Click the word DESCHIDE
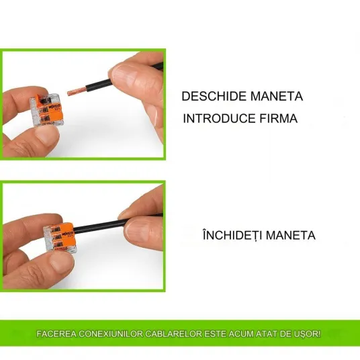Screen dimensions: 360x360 pos(214,96)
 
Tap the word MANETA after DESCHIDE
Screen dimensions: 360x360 pos(277,96)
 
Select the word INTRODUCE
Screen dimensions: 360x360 pos(219,118)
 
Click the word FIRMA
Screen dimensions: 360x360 pos(279,118)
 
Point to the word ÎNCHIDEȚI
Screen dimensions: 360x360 pos(232,234)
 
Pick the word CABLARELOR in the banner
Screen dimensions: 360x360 pos(173,334)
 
